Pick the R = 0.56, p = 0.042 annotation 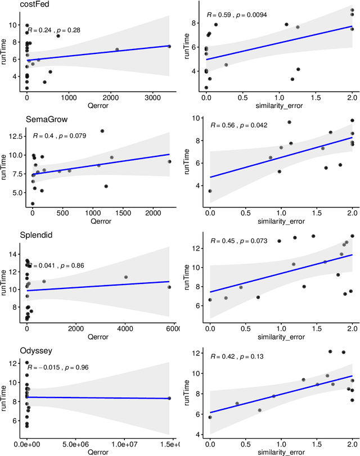pyautogui.click(x=237, y=126)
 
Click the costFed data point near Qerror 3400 pyautogui.click(x=170, y=47)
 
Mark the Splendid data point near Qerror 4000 pyautogui.click(x=125, y=277)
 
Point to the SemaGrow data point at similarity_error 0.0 pyautogui.click(x=210, y=191)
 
